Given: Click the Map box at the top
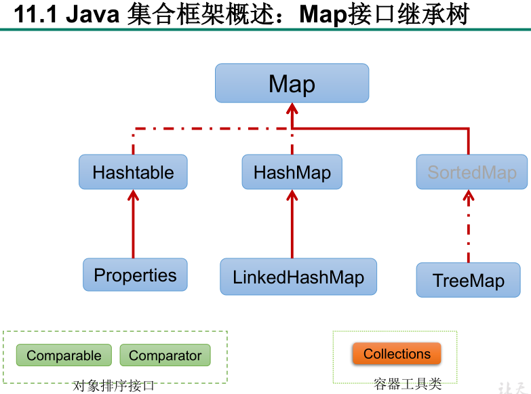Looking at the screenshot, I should point(292,83).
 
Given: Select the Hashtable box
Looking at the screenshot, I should point(133,172).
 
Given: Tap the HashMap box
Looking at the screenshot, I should point(292,172).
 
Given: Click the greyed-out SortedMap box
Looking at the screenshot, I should point(471,172).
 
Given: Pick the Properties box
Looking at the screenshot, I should point(135,275).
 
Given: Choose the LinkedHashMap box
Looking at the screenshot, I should point(298,277).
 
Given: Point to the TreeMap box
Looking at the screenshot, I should point(468,280).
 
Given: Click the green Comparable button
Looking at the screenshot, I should point(64,355).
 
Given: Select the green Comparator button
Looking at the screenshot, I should point(165,355).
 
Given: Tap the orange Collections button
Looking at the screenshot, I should point(397,354).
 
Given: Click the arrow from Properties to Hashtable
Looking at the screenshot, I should point(133,224).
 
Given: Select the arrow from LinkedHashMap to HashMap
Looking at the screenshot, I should point(292,224).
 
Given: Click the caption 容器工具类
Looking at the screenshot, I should point(408,385).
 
